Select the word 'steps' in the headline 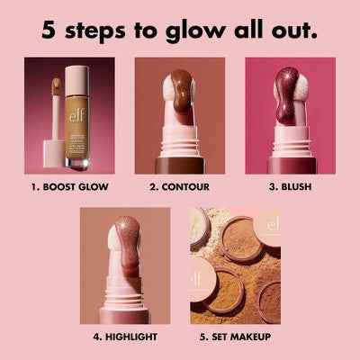point(98,30)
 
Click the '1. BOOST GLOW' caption point(69,188)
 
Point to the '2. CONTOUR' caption point(180,188)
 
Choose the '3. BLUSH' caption point(290,188)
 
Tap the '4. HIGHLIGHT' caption point(125,337)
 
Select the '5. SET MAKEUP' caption point(235,337)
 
